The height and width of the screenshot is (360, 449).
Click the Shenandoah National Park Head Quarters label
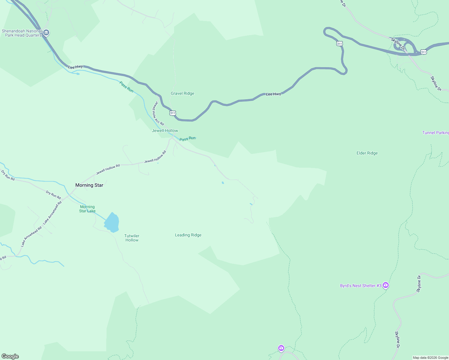(22, 33)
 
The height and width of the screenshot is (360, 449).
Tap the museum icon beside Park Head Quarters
(46, 32)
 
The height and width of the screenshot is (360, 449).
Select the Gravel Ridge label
(182, 93)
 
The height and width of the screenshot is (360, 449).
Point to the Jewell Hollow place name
(165, 130)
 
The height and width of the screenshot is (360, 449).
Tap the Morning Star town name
(89, 185)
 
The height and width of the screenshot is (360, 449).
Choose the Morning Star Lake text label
(87, 209)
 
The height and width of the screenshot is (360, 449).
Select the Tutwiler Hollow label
(132, 238)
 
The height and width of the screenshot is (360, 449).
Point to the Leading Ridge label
(188, 235)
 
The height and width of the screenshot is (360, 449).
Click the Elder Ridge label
(367, 153)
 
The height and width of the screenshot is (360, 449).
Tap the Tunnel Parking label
(435, 133)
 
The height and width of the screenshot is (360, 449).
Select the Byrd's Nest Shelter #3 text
(360, 286)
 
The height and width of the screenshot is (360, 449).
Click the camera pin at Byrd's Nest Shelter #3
(386, 285)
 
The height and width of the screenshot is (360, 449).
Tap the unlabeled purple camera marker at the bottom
(281, 348)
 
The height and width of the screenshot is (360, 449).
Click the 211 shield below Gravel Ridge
(172, 113)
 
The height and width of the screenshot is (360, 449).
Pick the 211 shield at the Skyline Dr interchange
(423, 52)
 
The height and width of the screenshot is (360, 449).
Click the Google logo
(10, 356)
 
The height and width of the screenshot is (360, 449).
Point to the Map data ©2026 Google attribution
(430, 358)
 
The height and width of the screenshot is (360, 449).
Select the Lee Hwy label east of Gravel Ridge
(273, 94)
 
